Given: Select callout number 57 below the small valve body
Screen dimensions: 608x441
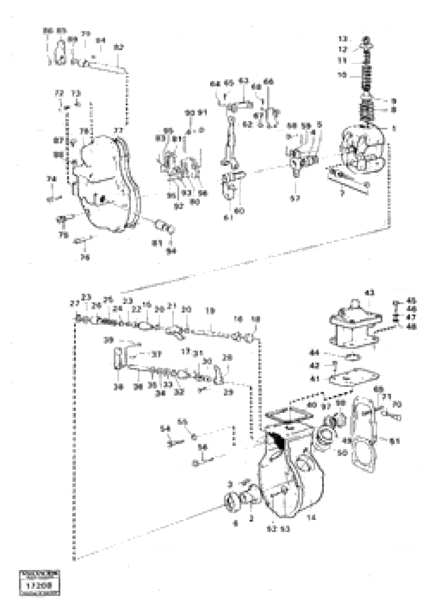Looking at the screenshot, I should point(296,199).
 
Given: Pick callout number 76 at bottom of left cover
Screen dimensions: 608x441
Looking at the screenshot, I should point(85,257).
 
